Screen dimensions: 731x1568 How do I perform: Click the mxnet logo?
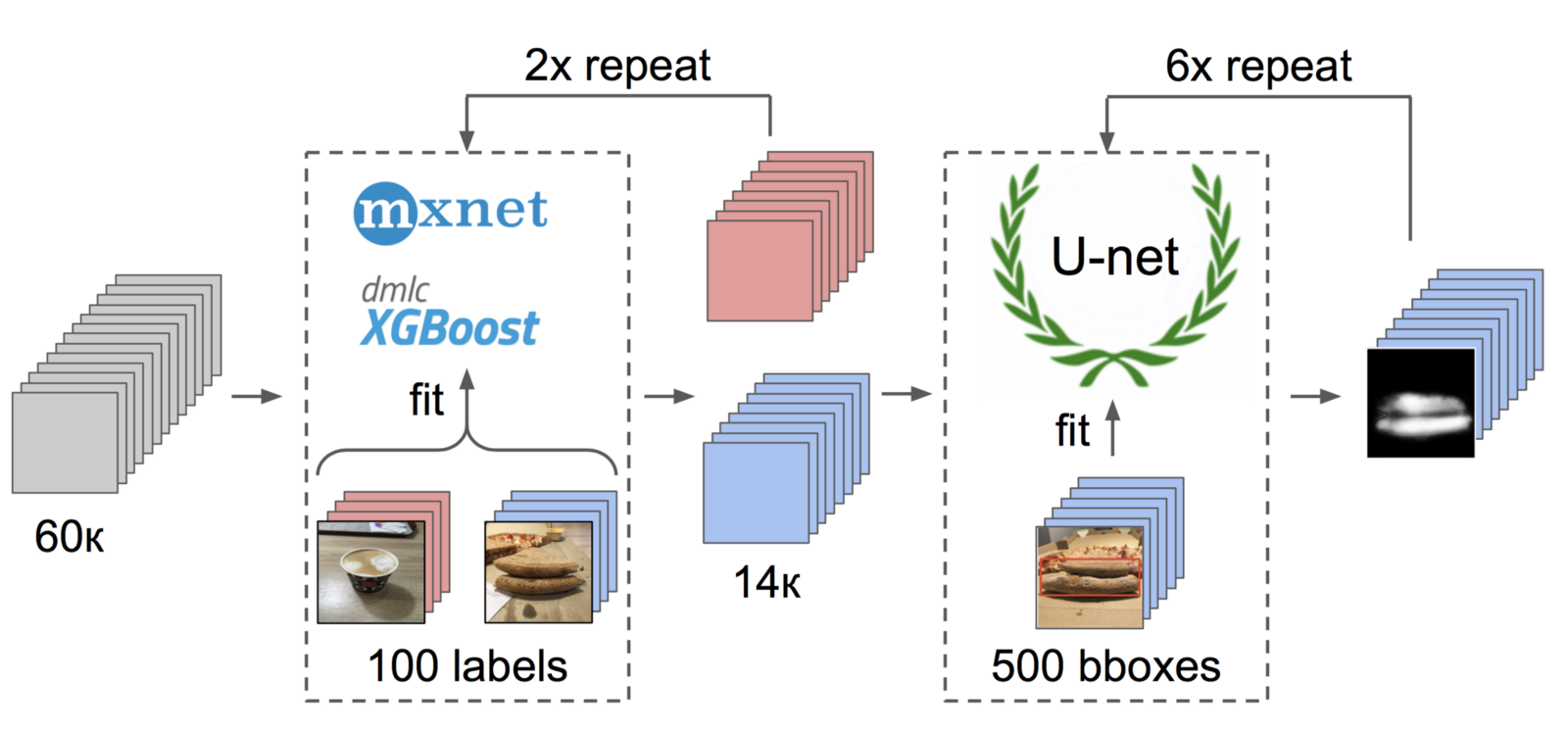(451, 212)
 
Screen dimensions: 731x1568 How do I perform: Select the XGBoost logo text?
(450, 327)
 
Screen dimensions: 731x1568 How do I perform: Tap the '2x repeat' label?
(617, 67)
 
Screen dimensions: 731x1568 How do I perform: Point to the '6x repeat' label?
(1258, 67)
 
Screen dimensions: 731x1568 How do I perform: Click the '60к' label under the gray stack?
(69, 537)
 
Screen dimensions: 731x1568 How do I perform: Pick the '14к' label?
(767, 583)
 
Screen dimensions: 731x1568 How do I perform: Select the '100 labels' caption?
(467, 666)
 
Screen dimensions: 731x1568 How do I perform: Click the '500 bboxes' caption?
(1105, 666)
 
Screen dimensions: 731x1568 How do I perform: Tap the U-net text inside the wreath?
(1114, 258)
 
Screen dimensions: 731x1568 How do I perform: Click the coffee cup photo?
(370, 572)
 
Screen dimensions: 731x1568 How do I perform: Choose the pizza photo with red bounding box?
(1090, 577)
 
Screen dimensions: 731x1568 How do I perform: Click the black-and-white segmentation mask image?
(1421, 403)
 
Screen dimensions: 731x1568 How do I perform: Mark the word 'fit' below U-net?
(1072, 431)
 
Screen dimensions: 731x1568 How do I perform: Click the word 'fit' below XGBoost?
(426, 400)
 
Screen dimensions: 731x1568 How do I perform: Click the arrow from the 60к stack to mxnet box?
(257, 396)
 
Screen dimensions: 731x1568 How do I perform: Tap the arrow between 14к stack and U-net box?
(906, 394)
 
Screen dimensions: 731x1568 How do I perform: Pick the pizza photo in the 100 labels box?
(538, 572)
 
